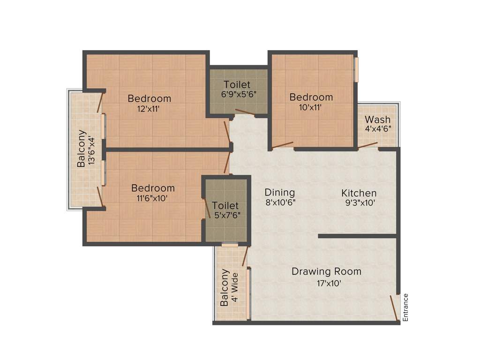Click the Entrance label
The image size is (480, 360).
pos(406,307)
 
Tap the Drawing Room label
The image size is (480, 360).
pos(326,271)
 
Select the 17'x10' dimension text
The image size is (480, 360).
pos(326,283)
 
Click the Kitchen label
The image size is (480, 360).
pos(359,193)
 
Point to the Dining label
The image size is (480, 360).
pos(279,192)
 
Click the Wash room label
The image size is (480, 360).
pos(377,120)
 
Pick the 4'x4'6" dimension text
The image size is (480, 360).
pos(378,128)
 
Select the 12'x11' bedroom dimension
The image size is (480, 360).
pos(149,109)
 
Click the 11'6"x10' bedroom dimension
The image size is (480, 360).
pos(153,198)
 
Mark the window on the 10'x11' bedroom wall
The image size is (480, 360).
pos(356,69)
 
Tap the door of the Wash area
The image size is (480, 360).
pos(368,146)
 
